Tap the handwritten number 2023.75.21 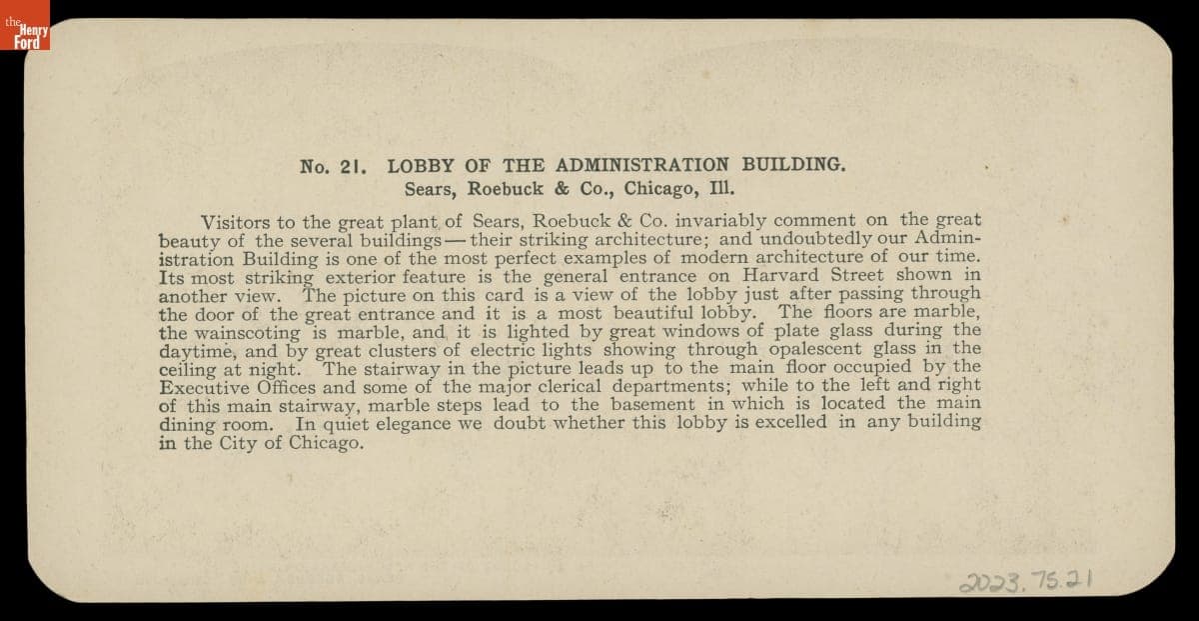(1028, 579)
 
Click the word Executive (208, 386)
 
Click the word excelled (780, 422)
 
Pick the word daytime (198, 350)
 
